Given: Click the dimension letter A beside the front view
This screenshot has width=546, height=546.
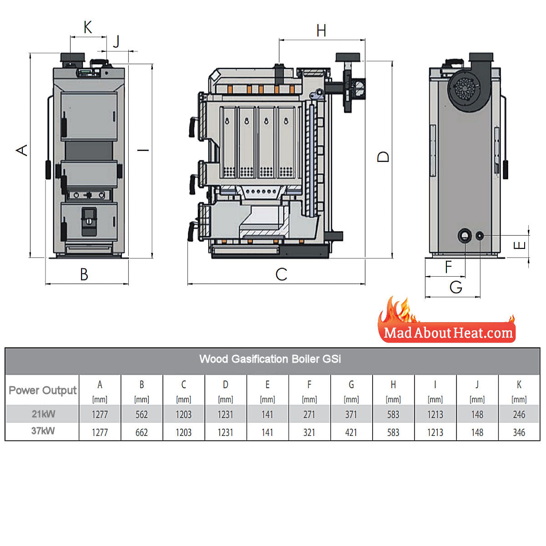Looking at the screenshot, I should [22, 150].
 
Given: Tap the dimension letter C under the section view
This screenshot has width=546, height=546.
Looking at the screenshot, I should [281, 274].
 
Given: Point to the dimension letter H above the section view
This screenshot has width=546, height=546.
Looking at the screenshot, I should [321, 31].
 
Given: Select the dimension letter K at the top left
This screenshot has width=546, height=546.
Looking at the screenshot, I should [88, 28].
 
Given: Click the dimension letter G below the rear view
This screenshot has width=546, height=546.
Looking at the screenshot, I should [455, 287].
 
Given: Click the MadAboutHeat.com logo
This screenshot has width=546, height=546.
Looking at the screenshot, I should [448, 333].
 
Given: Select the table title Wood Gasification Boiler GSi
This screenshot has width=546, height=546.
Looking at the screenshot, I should [270, 359].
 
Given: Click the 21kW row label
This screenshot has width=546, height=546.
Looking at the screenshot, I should [43, 414].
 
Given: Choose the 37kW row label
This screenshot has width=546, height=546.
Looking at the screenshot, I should [43, 431].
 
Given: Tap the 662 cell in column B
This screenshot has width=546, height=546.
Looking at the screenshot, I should [142, 432].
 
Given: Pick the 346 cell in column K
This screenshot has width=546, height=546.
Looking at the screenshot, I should [519, 432].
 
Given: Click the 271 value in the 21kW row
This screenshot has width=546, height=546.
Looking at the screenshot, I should [309, 415].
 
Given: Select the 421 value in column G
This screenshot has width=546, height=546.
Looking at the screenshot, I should [351, 432].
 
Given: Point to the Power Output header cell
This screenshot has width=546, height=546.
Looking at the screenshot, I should [43, 390].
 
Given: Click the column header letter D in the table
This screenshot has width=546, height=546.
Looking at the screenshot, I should [226, 385].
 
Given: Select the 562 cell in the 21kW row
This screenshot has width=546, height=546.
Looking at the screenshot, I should [142, 415].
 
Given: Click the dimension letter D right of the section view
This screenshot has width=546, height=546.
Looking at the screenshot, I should [384, 157].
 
